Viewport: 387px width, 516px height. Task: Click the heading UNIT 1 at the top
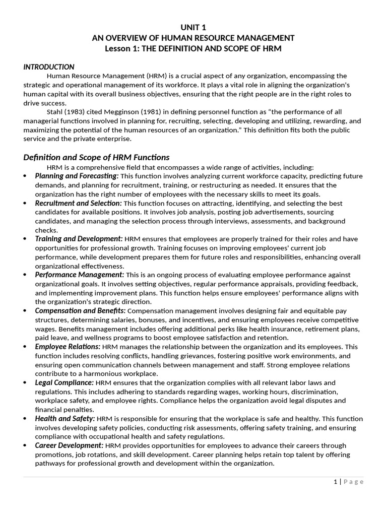pyautogui.click(x=193, y=27)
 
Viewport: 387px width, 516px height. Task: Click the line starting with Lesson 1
pyautogui.click(x=193, y=49)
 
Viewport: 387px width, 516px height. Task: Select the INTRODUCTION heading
pyautogui.click(x=49, y=67)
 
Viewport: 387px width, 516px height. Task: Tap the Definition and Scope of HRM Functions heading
pyautogui.click(x=96, y=157)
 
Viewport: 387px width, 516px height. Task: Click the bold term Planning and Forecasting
pyautogui.click(x=77, y=176)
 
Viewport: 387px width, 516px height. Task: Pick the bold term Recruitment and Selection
pyautogui.click(x=78, y=203)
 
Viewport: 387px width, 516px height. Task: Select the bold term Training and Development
pyautogui.click(x=79, y=239)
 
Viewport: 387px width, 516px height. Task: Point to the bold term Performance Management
pyautogui.click(x=79, y=275)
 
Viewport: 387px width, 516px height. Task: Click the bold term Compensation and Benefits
pyautogui.click(x=80, y=311)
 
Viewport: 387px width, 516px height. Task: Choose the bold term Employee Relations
pyautogui.click(x=68, y=347)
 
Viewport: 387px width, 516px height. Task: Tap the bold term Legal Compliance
pyautogui.click(x=64, y=382)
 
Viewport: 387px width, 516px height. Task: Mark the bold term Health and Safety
pyautogui.click(x=64, y=419)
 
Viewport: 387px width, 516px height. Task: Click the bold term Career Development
pyautogui.click(x=69, y=445)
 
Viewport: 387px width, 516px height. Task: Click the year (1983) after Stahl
pyautogui.click(x=74, y=112)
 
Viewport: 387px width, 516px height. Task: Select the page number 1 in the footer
pyautogui.click(x=336, y=482)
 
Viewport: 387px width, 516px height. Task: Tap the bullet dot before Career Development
pyautogui.click(x=26, y=446)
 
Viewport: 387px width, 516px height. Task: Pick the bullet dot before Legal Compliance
pyautogui.click(x=26, y=383)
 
